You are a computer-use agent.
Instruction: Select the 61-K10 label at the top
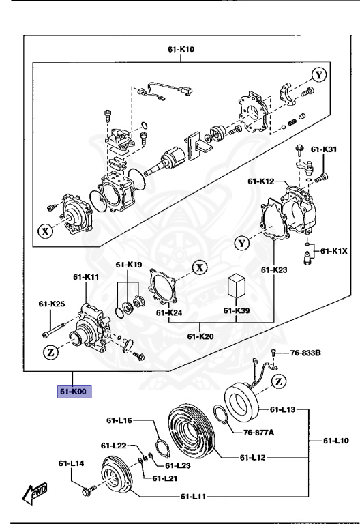tap(181, 50)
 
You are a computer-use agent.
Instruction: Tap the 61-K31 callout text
tap(325, 149)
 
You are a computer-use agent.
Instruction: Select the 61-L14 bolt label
tap(70, 463)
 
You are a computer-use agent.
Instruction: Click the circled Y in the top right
tap(317, 74)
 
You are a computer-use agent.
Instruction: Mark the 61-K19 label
tap(128, 265)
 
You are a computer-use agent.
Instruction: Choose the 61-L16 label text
tap(119, 421)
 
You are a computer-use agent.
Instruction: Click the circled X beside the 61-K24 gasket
tap(198, 267)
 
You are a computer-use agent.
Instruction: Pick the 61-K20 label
tap(200, 335)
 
